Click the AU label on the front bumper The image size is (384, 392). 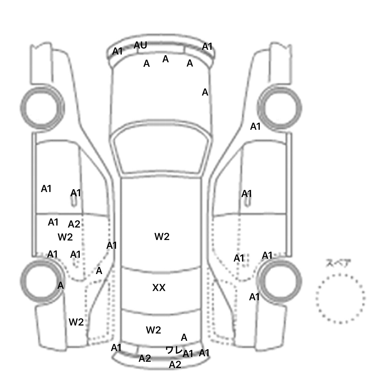click(x=140, y=45)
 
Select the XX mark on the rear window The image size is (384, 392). click(x=159, y=288)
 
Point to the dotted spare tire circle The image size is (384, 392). click(x=340, y=298)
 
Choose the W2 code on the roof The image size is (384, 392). click(x=162, y=236)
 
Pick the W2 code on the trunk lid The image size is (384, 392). click(x=153, y=330)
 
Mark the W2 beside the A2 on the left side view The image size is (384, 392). click(x=65, y=237)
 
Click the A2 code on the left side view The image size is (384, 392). click(x=74, y=224)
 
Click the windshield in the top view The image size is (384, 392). click(x=161, y=152)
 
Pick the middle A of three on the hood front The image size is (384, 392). click(x=165, y=59)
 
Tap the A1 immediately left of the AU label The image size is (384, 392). click(x=117, y=51)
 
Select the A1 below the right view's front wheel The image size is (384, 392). click(x=255, y=127)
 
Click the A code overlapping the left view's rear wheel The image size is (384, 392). click(x=60, y=285)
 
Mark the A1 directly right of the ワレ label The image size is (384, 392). click(x=188, y=354)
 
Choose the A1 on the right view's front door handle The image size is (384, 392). click(x=246, y=194)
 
